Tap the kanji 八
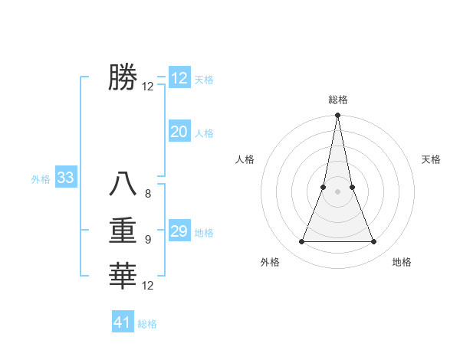(x=123, y=184)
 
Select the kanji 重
(x=123, y=230)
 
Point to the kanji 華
(x=123, y=275)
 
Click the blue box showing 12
(x=179, y=78)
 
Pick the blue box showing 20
(x=179, y=132)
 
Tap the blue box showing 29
(x=179, y=231)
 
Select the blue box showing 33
(x=65, y=178)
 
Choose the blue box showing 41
(x=123, y=322)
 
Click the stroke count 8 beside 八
(x=148, y=194)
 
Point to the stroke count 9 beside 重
(x=148, y=240)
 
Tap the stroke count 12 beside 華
(x=148, y=286)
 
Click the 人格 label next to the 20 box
(x=204, y=133)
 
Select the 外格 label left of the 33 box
(x=41, y=179)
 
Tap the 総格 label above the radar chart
(x=338, y=100)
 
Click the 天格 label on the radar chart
(x=431, y=159)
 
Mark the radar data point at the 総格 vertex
(x=338, y=116)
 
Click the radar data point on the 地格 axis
(x=374, y=242)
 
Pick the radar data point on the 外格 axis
(x=301, y=242)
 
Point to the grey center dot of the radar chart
(x=338, y=191)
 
